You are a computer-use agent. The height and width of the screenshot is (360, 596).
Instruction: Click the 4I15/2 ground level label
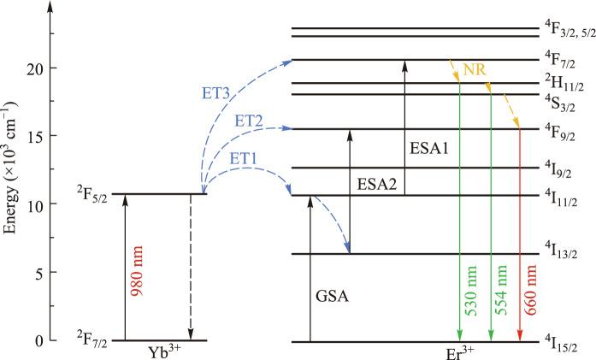562,344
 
